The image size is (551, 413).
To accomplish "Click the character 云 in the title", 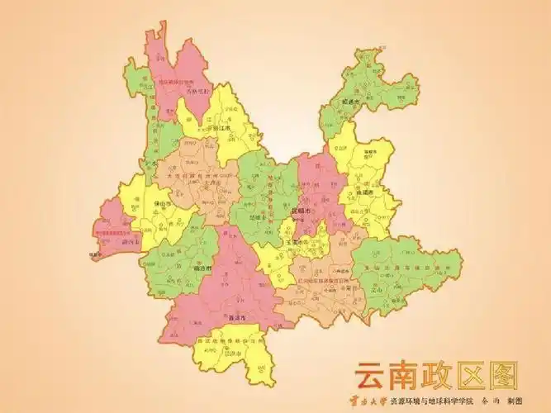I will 373,375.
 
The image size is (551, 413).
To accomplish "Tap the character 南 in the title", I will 411,375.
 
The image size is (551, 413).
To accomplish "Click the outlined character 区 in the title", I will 483,375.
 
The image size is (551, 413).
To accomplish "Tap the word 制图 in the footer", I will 516,401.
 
